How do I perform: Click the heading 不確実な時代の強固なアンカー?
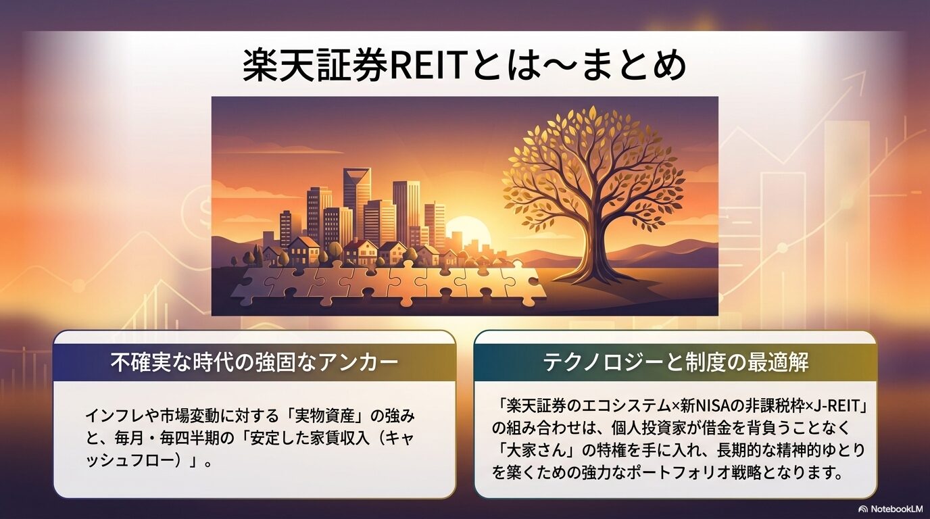[254, 362]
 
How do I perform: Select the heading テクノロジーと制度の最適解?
[676, 362]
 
